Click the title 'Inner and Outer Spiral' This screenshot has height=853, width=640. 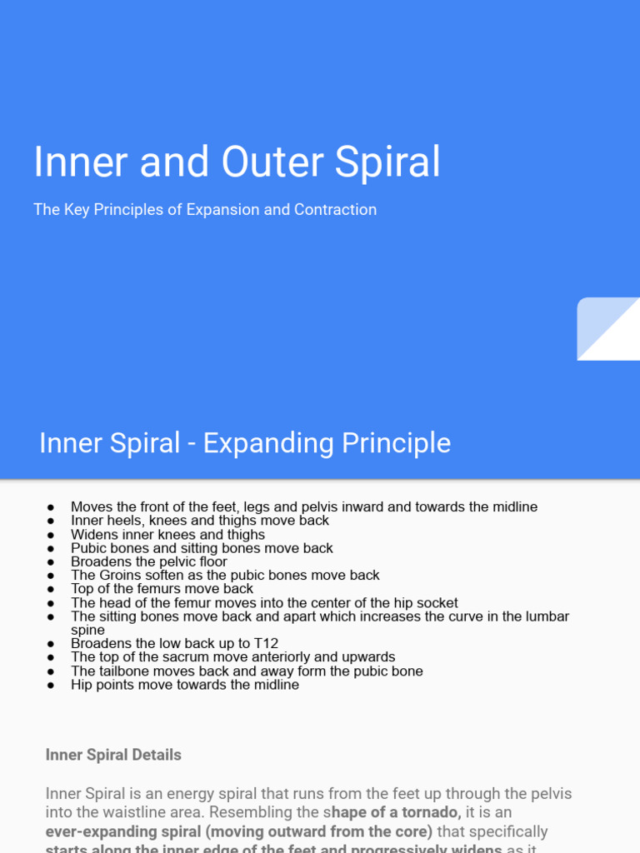point(237,162)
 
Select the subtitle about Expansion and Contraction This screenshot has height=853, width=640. point(205,210)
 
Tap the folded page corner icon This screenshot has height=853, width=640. point(607,329)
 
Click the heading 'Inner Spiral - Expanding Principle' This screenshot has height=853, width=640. point(245,443)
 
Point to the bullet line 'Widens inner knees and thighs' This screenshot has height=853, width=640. point(167,535)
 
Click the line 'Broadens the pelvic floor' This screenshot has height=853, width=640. point(149,561)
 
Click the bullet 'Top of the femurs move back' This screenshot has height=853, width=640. point(162,589)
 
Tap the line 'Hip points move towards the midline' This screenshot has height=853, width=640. point(185,685)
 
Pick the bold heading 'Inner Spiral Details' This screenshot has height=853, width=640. point(113,755)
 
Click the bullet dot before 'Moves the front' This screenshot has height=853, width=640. point(51,507)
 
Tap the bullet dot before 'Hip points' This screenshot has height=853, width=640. point(51,686)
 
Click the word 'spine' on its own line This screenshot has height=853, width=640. point(87,631)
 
